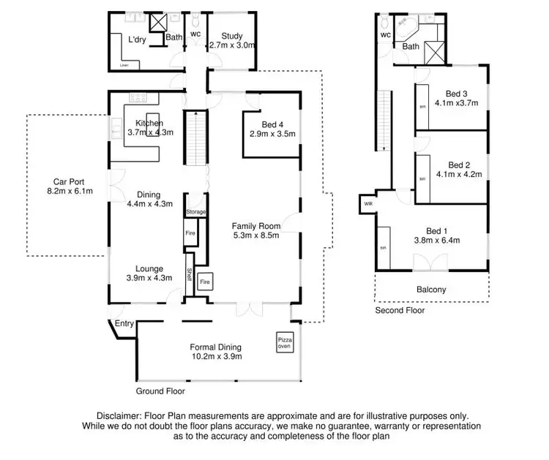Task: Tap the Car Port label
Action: click(70, 183)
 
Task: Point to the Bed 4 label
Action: click(272, 125)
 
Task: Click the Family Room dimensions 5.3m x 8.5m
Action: click(256, 236)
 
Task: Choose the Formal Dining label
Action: click(216, 347)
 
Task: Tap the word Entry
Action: click(124, 323)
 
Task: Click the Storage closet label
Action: click(195, 212)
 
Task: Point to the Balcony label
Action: click(430, 290)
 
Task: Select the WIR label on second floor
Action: click(367, 204)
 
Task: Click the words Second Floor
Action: click(400, 310)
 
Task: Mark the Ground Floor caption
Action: click(160, 391)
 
